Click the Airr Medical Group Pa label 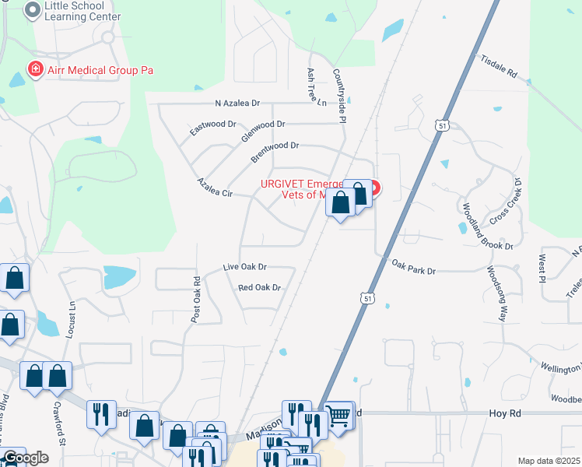point(99,70)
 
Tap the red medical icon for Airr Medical point(35,70)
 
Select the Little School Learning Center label point(83,11)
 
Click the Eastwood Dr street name point(212,128)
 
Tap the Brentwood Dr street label point(275,151)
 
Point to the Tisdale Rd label point(499,67)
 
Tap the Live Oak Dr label point(244,267)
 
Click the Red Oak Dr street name point(259,288)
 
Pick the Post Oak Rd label point(196,297)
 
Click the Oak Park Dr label point(413,267)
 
